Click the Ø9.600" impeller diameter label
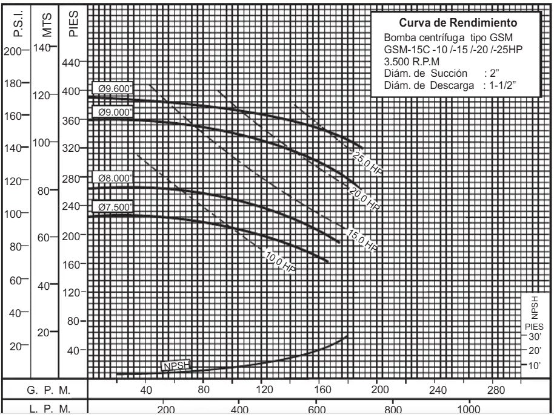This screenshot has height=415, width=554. click(113, 87)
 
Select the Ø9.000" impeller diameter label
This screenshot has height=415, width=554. click(113, 111)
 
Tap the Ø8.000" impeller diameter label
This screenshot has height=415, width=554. click(113, 178)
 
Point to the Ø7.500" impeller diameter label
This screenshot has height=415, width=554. click(113, 207)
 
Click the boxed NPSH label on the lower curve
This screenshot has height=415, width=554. click(176, 365)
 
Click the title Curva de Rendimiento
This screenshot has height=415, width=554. click(458, 24)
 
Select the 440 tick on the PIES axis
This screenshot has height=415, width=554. click(71, 62)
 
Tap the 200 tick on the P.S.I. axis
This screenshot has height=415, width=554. click(12, 51)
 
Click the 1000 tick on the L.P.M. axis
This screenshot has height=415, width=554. click(469, 409)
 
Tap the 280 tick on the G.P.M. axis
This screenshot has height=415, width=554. click(496, 390)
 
